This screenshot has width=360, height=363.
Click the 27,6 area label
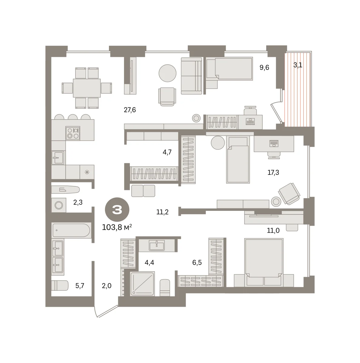(x=130, y=110)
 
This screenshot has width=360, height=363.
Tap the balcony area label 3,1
(x=298, y=65)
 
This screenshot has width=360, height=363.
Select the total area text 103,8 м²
(x=117, y=227)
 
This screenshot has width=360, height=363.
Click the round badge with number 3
(x=117, y=209)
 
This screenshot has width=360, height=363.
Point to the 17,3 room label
(x=273, y=172)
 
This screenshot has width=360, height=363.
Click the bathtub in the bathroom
(x=71, y=230)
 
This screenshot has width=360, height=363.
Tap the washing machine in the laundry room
(x=59, y=205)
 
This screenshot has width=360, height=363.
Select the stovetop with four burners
(x=73, y=133)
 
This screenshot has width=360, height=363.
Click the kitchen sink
(x=58, y=158)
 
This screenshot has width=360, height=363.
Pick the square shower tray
(x=142, y=284)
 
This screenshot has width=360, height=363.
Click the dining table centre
(x=87, y=88)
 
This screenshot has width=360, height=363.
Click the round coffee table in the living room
(x=167, y=73)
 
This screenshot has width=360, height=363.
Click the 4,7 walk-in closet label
(x=167, y=152)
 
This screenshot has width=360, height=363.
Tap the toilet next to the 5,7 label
(x=60, y=285)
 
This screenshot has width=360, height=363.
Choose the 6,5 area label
(x=197, y=262)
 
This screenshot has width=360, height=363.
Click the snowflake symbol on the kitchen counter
(x=87, y=172)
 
